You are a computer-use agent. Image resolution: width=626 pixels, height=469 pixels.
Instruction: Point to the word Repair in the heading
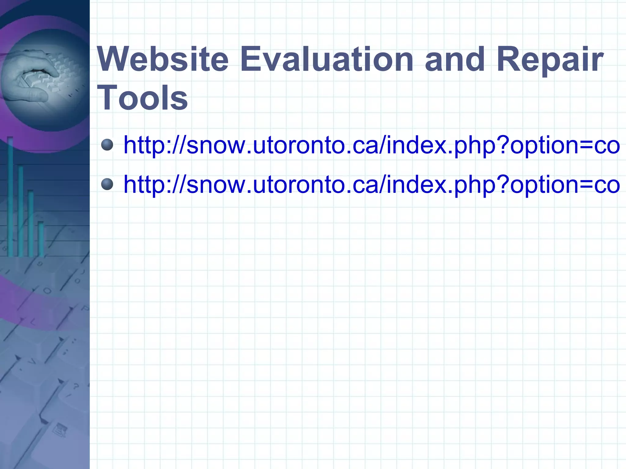click(549, 60)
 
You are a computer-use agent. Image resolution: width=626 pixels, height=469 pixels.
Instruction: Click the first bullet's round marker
click(107, 145)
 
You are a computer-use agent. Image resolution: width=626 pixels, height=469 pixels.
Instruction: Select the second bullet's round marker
click(107, 184)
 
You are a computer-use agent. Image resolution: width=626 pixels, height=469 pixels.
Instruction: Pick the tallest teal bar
click(10, 196)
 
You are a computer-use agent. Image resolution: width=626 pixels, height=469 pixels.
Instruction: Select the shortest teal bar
click(41, 238)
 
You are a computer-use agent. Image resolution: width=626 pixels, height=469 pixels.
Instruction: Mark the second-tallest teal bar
click(20, 211)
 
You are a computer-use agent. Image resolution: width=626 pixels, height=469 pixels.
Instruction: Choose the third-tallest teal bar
click(31, 223)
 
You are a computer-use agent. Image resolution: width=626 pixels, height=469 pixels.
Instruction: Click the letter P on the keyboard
click(85, 309)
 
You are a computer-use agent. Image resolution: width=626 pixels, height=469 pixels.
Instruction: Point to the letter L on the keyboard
click(33, 321)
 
